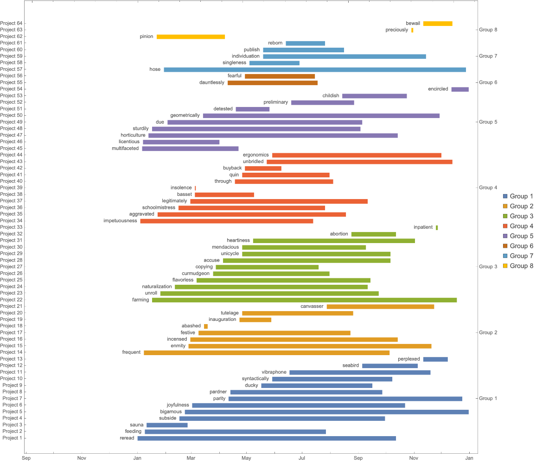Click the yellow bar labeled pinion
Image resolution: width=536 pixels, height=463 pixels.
pos(191,37)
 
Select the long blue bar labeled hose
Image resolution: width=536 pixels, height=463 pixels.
pos(315,69)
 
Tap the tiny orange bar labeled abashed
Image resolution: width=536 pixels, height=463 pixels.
pos(206,326)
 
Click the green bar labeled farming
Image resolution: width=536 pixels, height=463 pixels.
pos(304,300)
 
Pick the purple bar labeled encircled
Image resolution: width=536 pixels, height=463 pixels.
pos(460,89)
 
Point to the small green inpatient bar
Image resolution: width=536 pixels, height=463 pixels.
pos(437,228)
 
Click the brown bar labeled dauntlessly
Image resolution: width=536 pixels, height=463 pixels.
pos(273,83)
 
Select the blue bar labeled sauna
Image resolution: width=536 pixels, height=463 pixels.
pos(167,425)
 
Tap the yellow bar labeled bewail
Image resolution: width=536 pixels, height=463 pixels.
pos(438,24)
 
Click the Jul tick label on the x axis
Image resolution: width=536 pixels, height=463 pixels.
pos(302,458)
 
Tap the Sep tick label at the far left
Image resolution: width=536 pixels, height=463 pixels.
pos(26,458)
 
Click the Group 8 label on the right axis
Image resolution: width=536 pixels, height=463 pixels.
pos(488,30)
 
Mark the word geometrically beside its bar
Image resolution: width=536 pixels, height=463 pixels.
pos(185,115)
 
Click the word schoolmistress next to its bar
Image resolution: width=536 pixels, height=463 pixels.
pos(159,208)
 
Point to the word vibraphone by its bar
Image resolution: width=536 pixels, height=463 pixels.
pos(274,372)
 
